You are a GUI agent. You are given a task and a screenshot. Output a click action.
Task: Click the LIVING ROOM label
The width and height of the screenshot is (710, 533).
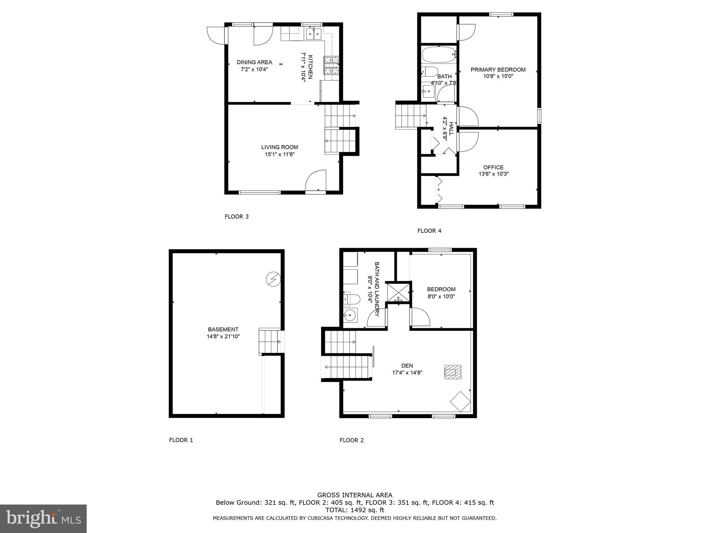pyautogui.click(x=279, y=147)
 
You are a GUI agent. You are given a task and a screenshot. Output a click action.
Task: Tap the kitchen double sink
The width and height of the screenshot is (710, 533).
pyautogui.click(x=314, y=34)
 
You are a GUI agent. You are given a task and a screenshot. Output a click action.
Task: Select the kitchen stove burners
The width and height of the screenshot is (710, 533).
pyautogui.click(x=331, y=66)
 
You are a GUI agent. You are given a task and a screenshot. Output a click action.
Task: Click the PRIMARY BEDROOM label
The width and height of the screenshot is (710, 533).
pyautogui.click(x=498, y=70)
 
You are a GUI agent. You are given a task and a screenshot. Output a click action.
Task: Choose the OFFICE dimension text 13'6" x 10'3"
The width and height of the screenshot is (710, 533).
pyautogui.click(x=493, y=174)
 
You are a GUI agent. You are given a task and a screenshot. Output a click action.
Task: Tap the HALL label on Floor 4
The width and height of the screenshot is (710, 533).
pyautogui.click(x=451, y=128)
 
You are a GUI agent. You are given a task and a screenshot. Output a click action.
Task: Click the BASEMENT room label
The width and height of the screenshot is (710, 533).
pyautogui.click(x=223, y=329)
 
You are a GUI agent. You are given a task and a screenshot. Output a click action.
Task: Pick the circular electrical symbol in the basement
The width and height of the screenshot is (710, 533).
pyautogui.click(x=273, y=279)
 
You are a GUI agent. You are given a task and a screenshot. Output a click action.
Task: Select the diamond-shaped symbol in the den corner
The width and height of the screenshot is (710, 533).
pyautogui.click(x=460, y=401)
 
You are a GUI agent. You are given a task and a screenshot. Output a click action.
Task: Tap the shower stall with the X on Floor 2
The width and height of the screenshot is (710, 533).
pyautogui.click(x=398, y=293)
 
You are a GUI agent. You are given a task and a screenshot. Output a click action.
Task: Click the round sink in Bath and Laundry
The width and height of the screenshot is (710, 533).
pyautogui.click(x=349, y=315)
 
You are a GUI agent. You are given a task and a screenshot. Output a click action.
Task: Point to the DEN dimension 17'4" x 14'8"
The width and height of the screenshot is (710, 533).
pyautogui.click(x=407, y=373)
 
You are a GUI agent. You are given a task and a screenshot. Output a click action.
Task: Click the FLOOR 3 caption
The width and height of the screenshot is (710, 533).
pyautogui.click(x=236, y=217)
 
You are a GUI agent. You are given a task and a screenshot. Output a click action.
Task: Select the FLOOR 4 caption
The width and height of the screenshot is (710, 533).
pyautogui.click(x=429, y=231)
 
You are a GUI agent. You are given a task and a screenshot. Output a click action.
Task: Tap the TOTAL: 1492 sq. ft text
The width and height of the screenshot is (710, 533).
pyautogui.click(x=355, y=510)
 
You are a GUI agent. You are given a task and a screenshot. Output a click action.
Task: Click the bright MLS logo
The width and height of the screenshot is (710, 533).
pyautogui.click(x=43, y=518)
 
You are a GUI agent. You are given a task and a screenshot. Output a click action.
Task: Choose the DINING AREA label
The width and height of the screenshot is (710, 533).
pyautogui.click(x=254, y=62)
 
